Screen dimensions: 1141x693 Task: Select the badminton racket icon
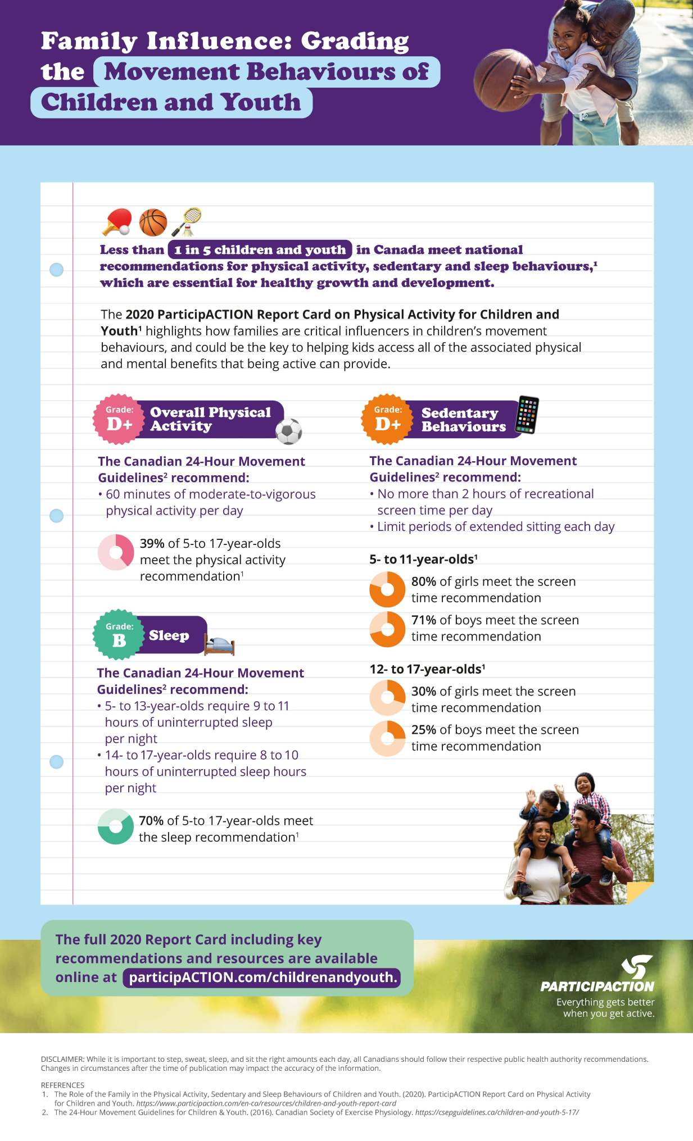coord(188,222)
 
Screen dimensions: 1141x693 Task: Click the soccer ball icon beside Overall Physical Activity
coord(289,431)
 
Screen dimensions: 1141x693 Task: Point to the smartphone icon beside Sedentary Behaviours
coord(527,415)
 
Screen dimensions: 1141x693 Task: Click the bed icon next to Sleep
coord(219,645)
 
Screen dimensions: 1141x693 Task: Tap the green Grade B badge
coord(119,634)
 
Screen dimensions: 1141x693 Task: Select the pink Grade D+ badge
coord(119,419)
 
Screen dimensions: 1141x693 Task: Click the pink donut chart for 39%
coord(116,552)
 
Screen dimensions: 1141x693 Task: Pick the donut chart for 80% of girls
coord(387,589)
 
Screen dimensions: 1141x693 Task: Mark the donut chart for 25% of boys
coord(387,738)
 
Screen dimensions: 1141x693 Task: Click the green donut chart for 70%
coord(115,826)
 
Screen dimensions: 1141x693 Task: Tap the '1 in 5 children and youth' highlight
coord(260,249)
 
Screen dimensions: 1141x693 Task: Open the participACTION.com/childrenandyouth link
coord(262,978)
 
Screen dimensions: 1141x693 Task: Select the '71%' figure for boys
coord(424,620)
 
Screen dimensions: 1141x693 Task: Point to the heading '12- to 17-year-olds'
coord(427,669)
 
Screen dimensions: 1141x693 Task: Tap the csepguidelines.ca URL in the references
coord(496,1112)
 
